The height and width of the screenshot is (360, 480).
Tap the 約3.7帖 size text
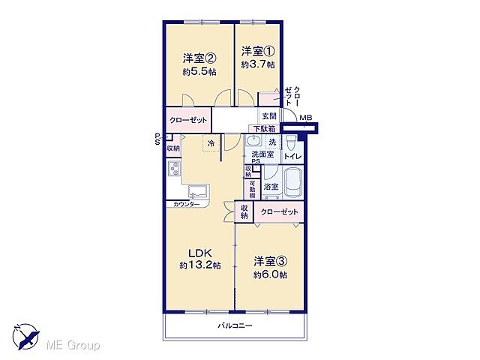click(257, 65)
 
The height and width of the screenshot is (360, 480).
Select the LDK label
click(200, 253)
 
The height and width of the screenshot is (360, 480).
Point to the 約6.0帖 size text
click(270, 275)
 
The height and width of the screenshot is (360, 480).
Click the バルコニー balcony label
click(235, 325)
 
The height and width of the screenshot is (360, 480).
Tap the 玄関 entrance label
click(269, 116)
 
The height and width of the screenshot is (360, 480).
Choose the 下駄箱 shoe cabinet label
click(264, 128)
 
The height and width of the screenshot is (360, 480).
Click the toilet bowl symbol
click(290, 142)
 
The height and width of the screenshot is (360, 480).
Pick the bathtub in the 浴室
click(293, 183)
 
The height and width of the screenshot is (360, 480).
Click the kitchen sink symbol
click(198, 192)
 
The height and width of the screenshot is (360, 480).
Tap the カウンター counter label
click(187, 204)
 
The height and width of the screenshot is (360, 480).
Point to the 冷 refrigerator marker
click(211, 143)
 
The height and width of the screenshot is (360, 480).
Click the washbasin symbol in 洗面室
click(253, 142)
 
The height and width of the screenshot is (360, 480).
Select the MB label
click(305, 118)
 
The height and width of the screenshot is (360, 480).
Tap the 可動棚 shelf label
click(252, 190)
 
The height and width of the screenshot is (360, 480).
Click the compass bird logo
click(26, 337)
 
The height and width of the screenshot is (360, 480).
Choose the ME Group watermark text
click(73, 346)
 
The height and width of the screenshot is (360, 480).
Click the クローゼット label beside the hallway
click(188, 120)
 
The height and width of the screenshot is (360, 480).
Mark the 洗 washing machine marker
click(272, 142)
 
